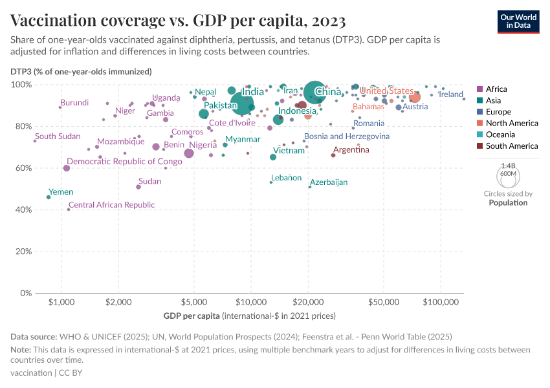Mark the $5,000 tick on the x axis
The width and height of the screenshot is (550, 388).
pos(194,302)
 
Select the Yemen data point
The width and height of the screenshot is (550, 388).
pos(49,197)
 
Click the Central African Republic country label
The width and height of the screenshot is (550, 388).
pos(112,205)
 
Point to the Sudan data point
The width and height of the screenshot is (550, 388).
pos(138,187)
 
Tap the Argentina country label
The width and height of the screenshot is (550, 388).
pos(351,150)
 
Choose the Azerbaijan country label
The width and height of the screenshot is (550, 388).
pos(329,182)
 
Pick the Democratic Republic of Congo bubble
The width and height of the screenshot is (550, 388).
pos(67,168)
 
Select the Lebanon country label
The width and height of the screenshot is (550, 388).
pos(286,177)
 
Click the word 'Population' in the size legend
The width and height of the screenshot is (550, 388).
pos(508,202)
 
